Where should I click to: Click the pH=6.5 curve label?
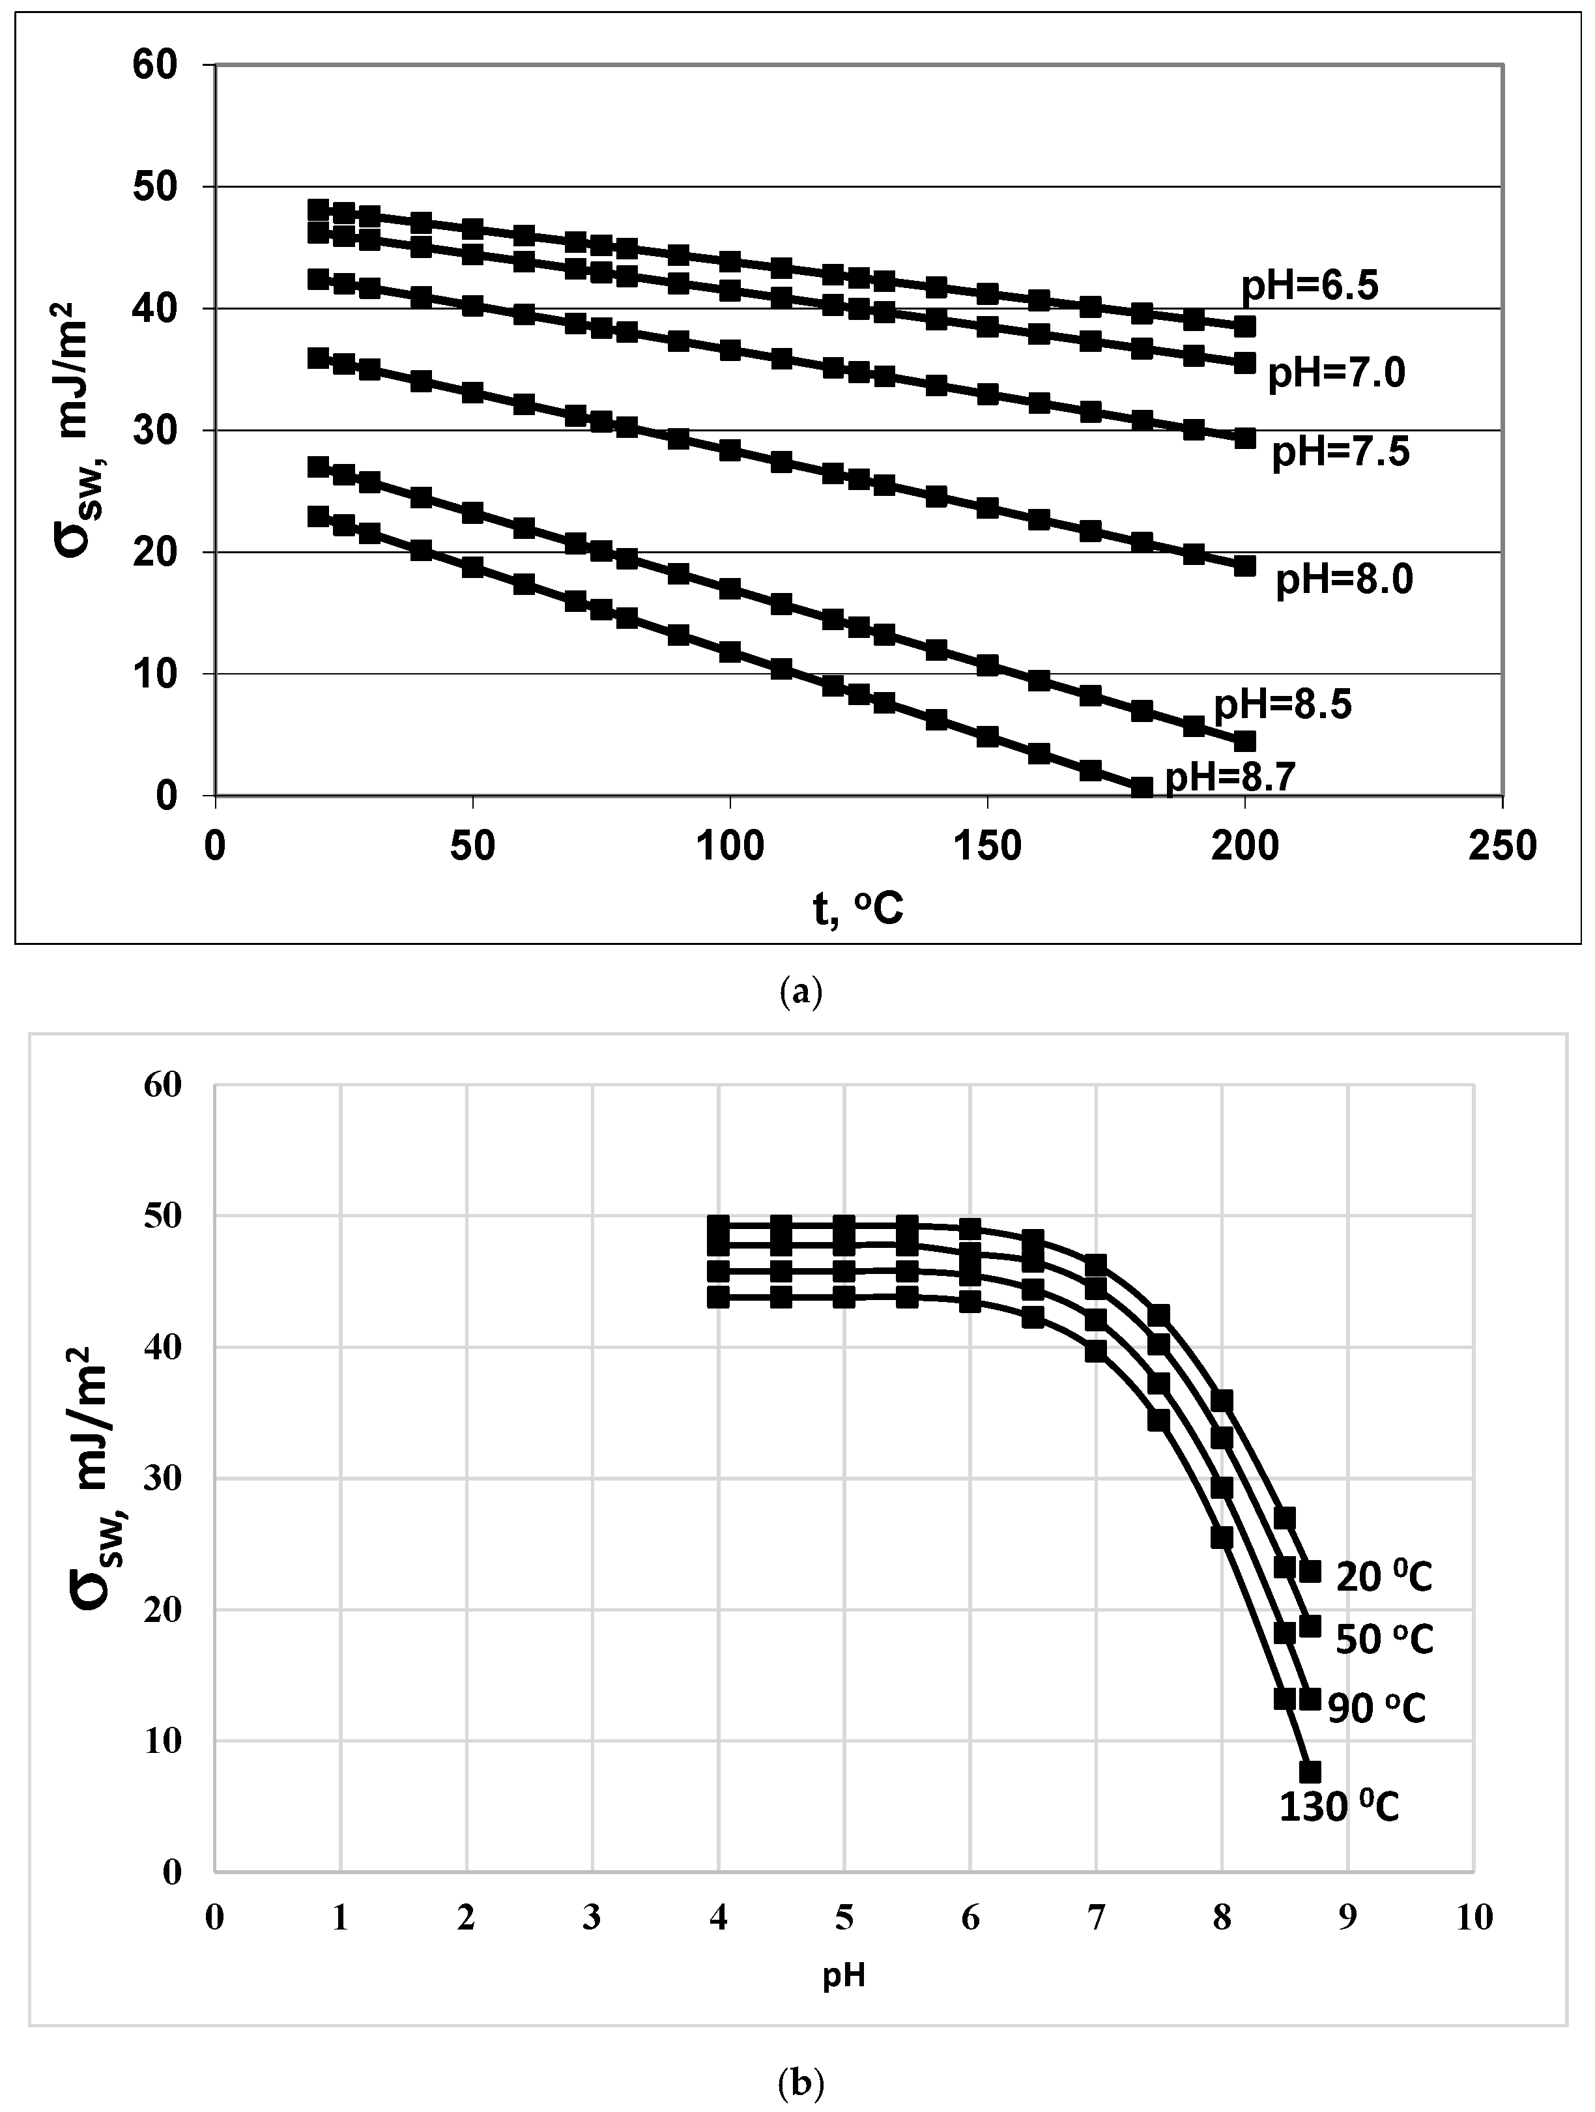click(x=1309, y=285)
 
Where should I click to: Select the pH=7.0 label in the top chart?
click(x=1336, y=373)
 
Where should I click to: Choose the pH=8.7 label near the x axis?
click(x=1229, y=778)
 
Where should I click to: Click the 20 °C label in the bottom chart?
click(x=1383, y=1577)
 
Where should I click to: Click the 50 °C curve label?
click(x=1383, y=1640)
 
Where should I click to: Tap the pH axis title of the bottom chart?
click(x=844, y=1975)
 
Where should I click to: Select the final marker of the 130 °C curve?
click(x=1310, y=1771)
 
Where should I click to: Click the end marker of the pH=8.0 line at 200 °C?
click(x=1244, y=565)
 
